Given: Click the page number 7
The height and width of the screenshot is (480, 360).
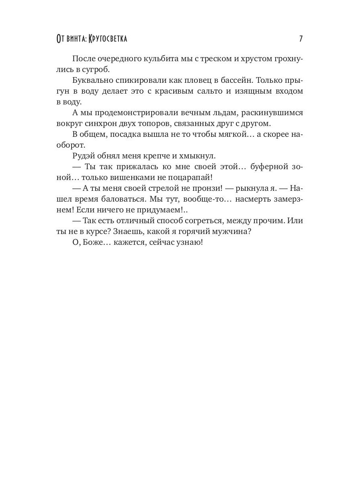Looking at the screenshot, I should click(x=301, y=39).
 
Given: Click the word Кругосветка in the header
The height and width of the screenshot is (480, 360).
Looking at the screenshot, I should click(x=108, y=39).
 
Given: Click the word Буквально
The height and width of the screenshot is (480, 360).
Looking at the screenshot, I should click(x=90, y=80).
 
